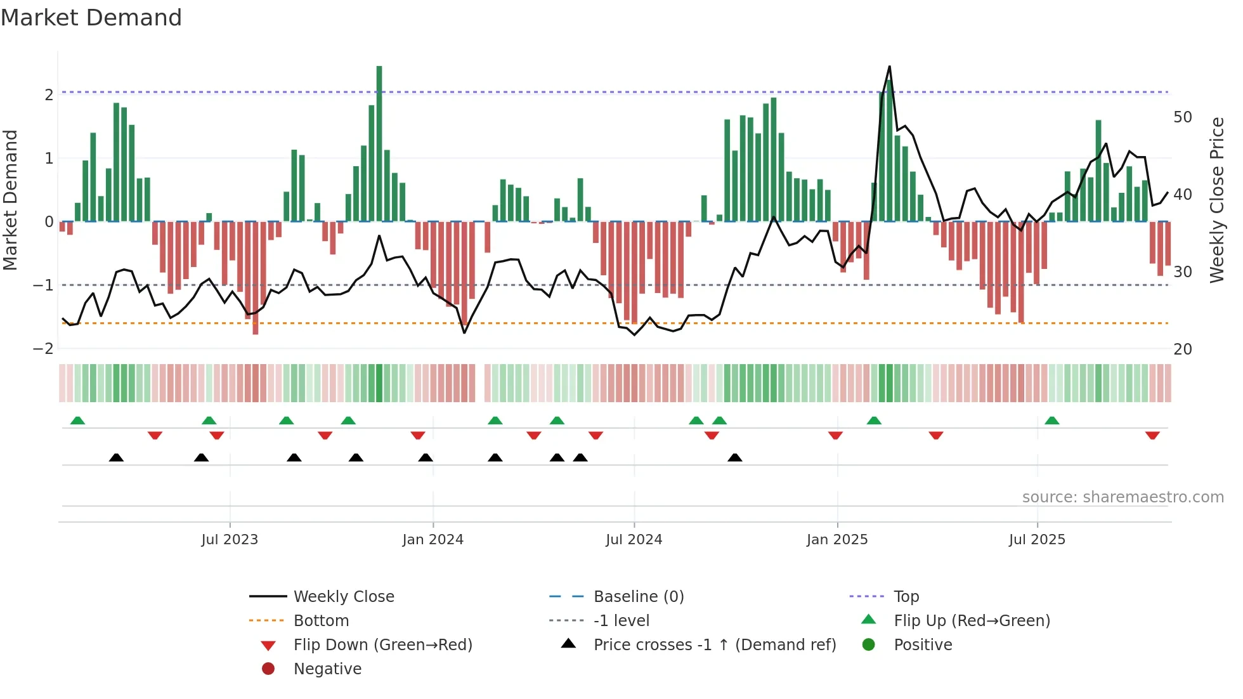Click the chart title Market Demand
coord(91,18)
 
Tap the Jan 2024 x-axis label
coord(433,540)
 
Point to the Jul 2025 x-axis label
coord(1037,540)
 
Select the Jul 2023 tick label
coord(230,540)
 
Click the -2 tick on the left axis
coord(44,349)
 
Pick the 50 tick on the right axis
coord(1182,117)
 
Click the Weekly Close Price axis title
coord(1216,200)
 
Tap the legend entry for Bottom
coord(321,620)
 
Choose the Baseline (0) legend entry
coord(639,596)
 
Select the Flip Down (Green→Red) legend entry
coord(382,644)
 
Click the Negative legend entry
coord(327,669)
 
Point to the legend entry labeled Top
coord(906,596)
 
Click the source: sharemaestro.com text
coord(1123,497)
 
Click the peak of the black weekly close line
coord(889,67)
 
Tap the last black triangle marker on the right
coord(734,457)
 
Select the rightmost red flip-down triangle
coord(1152,435)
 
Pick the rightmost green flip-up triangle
coord(1051,421)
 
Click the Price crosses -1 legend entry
coord(715,644)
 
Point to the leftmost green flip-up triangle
coord(77,421)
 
